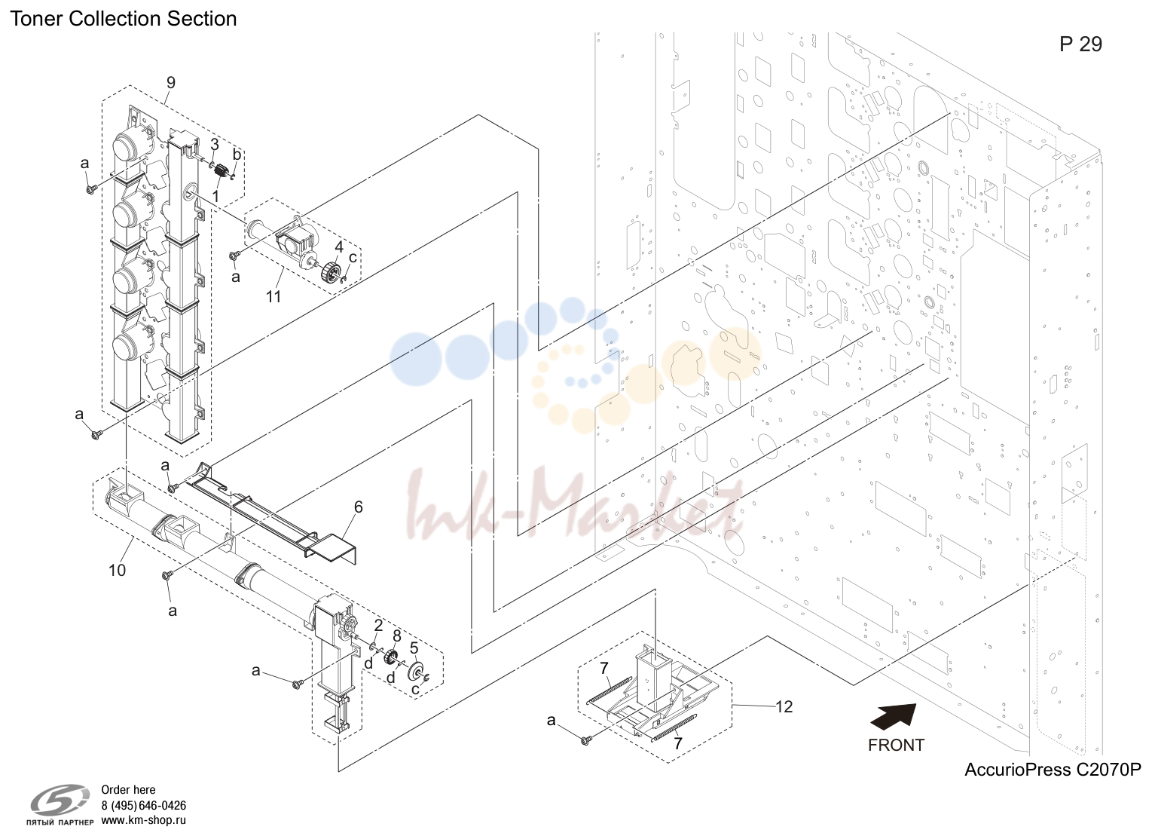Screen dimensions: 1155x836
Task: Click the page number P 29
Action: point(1080,44)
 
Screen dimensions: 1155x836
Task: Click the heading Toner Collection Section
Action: point(124,19)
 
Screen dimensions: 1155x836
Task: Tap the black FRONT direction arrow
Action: point(893,718)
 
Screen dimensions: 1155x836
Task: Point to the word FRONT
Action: point(896,746)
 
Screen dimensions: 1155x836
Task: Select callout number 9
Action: point(171,83)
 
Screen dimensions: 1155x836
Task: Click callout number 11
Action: point(273,297)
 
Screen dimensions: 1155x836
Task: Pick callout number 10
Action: point(117,570)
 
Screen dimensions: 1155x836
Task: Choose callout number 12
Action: point(784,706)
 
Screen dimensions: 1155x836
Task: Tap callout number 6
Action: point(359,507)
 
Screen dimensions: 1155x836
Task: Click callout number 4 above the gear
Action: point(339,247)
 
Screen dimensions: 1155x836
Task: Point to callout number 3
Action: point(215,145)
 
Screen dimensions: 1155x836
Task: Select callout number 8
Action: point(396,635)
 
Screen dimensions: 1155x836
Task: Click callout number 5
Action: point(414,648)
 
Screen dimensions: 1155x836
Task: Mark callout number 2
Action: point(378,626)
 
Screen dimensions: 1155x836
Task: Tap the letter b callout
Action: point(237,155)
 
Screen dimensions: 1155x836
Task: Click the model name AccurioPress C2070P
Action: point(1053,770)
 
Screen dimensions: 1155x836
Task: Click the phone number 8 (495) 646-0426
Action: point(143,806)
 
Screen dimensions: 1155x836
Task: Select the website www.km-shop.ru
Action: point(143,820)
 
